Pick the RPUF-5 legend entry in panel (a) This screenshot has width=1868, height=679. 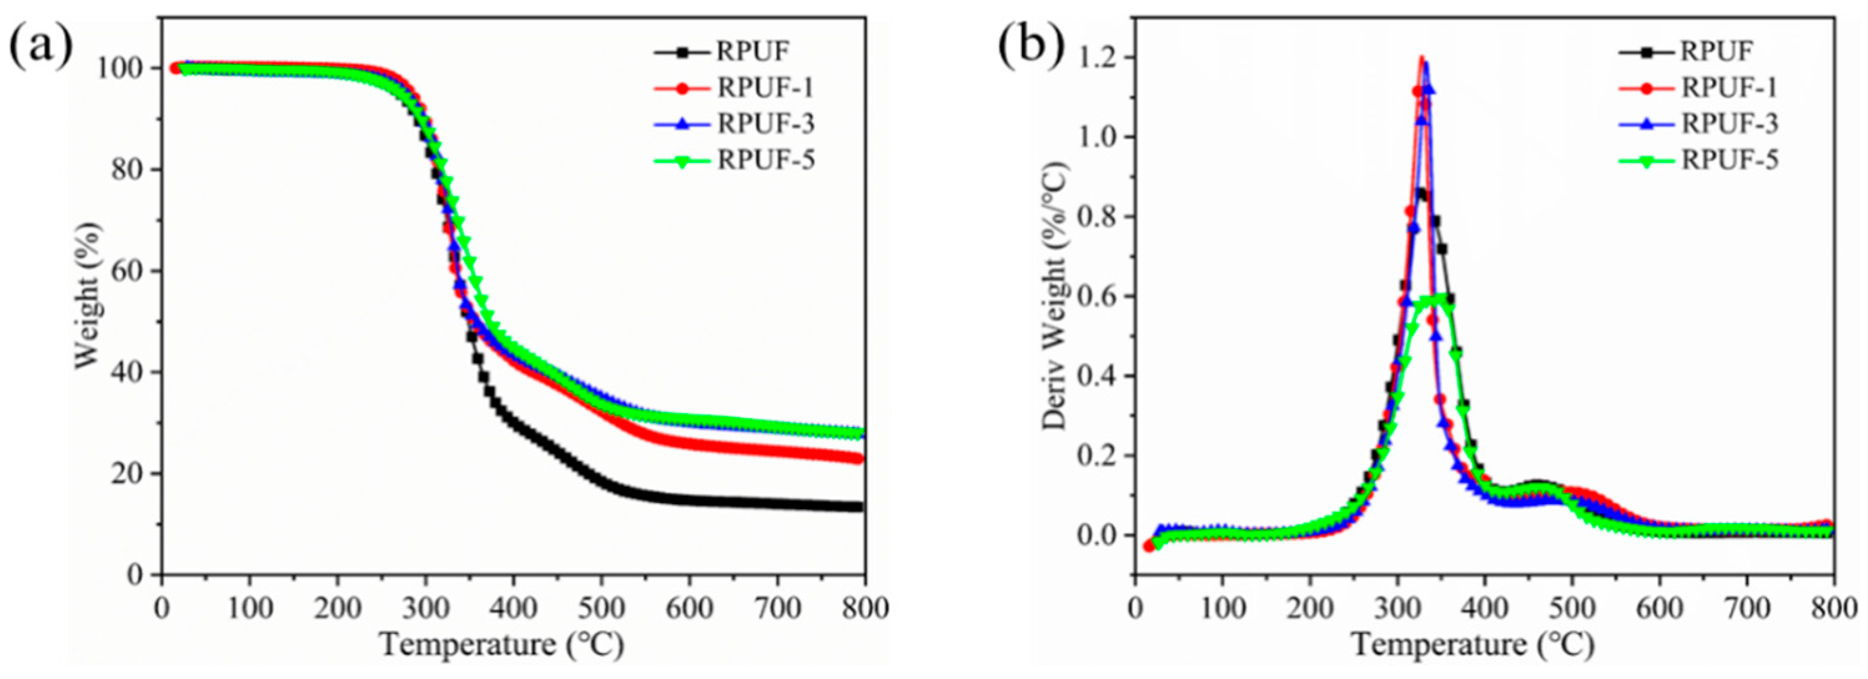(x=766, y=160)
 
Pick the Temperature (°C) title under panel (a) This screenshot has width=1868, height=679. (x=502, y=644)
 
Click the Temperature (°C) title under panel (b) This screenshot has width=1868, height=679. (x=1473, y=644)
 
